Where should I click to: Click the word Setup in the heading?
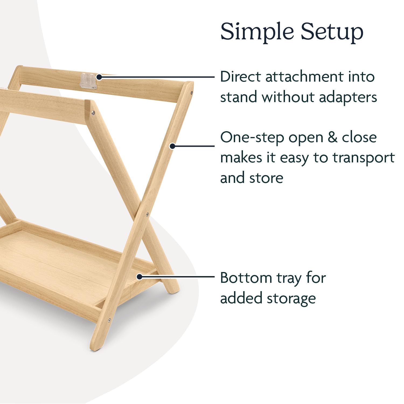click(x=332, y=32)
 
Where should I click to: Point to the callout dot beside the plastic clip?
click(x=99, y=77)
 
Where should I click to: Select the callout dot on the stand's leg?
click(x=173, y=146)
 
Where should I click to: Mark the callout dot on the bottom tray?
click(x=139, y=276)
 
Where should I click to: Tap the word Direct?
click(x=241, y=76)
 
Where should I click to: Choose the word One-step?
click(x=252, y=138)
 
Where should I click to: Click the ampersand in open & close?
click(x=333, y=137)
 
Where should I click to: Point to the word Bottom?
click(x=246, y=278)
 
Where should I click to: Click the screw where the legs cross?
click(x=147, y=215)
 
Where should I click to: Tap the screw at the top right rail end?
click(x=191, y=92)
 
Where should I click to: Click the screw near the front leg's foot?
click(x=109, y=320)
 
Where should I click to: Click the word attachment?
click(x=304, y=76)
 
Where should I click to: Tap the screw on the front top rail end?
click(x=93, y=113)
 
